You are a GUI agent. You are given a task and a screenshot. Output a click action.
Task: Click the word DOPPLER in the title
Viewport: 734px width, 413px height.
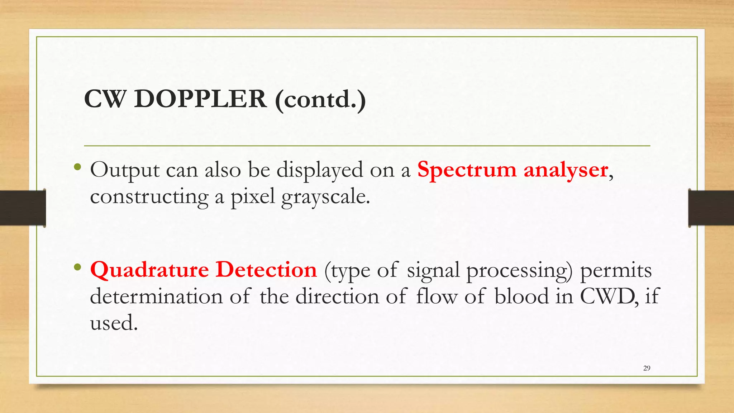pos(200,99)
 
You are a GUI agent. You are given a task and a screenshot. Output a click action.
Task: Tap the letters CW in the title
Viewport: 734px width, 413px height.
pos(105,99)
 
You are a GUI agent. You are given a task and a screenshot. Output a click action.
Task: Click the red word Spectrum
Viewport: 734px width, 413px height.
pos(467,170)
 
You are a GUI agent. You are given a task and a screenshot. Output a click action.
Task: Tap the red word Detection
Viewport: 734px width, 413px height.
pos(266,270)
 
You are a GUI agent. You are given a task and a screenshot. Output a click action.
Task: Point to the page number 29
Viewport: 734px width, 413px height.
pos(647,368)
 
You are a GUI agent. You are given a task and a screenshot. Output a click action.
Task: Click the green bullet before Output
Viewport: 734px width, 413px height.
pos(77,167)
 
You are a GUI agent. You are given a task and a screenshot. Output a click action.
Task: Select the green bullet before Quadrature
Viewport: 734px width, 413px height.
pos(77,267)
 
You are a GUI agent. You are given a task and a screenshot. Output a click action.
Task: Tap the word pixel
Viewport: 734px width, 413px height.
pos(252,196)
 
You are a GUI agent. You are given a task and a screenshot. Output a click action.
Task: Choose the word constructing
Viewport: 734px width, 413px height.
pos(149,197)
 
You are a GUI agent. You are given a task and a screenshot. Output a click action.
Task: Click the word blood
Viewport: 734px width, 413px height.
pos(521,296)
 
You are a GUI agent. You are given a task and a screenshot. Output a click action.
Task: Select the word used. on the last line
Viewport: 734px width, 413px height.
pos(114,323)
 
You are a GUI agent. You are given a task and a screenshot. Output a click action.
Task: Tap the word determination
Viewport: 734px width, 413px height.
pos(156,296)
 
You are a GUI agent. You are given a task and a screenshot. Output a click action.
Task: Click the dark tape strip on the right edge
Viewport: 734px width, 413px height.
pos(711,208)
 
